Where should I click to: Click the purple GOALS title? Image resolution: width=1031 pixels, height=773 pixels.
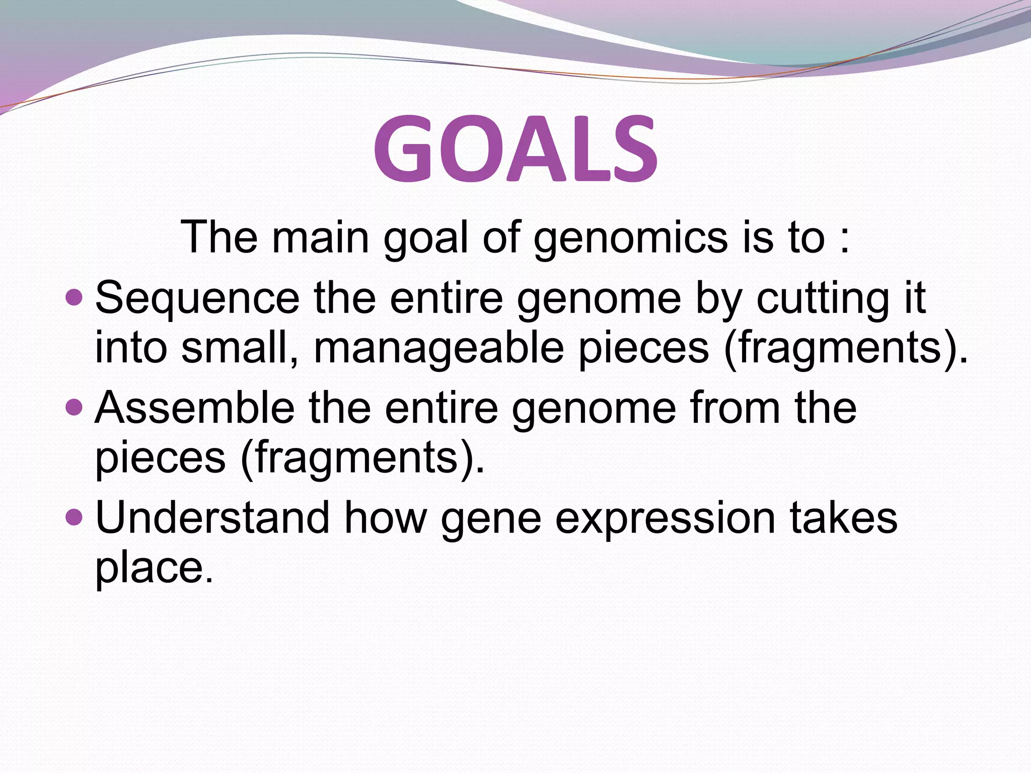pos(515,148)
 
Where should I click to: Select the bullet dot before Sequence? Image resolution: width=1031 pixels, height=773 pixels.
pos(74,296)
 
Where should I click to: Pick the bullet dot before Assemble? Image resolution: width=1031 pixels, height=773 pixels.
pos(74,407)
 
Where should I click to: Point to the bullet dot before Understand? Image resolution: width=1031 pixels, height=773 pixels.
pos(74,517)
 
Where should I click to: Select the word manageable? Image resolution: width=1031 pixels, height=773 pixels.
pos(438,349)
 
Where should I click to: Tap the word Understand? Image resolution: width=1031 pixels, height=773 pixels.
pos(212,518)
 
